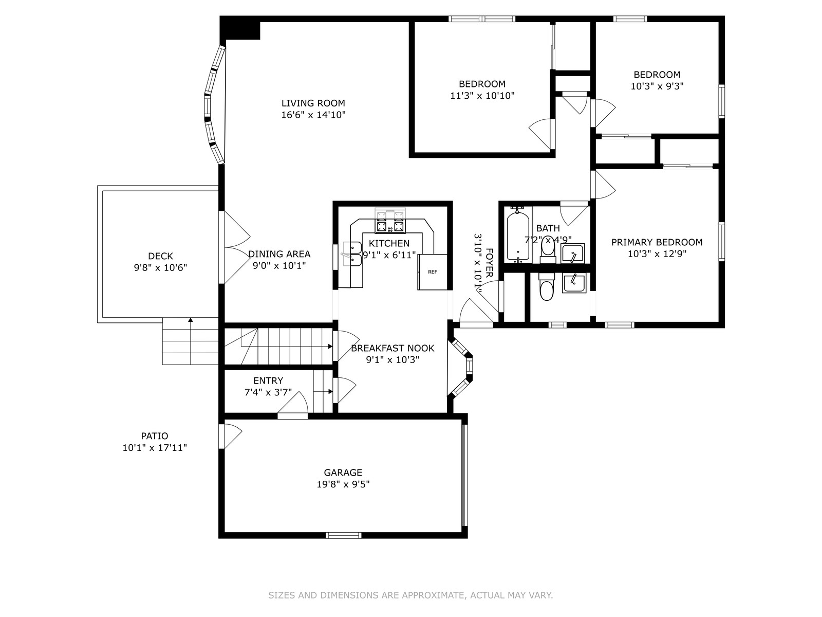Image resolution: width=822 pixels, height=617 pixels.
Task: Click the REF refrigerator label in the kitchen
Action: tap(432, 272)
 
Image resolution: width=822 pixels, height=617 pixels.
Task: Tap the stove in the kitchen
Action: tap(390, 221)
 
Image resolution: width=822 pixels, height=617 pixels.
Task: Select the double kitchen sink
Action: tap(352, 253)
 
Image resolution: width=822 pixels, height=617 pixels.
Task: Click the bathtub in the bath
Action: tap(518, 236)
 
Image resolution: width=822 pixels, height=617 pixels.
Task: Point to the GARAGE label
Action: tap(343, 473)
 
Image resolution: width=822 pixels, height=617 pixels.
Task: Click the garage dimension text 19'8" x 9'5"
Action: tap(343, 484)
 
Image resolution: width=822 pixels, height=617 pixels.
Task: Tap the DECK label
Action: tap(161, 256)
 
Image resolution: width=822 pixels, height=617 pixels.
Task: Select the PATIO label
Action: tap(155, 436)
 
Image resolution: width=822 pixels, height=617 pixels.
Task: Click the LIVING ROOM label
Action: tap(313, 103)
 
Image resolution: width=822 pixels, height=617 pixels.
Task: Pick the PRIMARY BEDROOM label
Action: tap(657, 242)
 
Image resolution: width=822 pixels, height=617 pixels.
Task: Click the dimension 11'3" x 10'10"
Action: tap(482, 96)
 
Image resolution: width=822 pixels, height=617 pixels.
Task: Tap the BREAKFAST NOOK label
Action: tap(393, 348)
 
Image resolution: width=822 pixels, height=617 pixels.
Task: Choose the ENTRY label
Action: tap(268, 380)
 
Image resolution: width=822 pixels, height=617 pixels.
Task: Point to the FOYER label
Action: tap(489, 263)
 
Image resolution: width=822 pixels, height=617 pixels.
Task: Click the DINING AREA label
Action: tap(279, 254)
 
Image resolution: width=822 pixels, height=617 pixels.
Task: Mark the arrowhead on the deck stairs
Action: tap(191, 319)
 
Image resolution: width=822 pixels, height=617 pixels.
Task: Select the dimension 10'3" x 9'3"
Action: tap(657, 86)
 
